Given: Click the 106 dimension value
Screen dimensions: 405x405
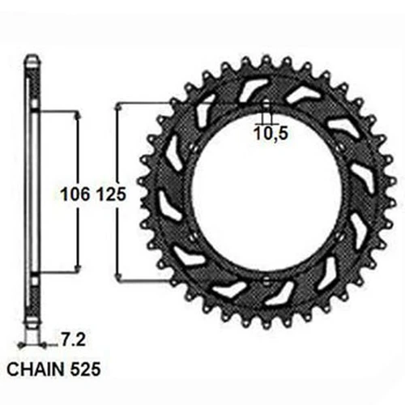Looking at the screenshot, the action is pos(75,194).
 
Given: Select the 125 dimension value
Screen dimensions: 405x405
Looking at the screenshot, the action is pos(111,194).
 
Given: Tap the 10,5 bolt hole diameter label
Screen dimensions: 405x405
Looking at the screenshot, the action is pos(271,134).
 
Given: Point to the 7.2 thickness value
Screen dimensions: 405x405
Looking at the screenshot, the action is pos(73,340).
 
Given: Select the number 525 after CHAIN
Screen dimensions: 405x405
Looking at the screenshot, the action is pos(85,369).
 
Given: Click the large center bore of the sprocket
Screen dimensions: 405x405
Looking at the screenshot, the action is pos(266,193).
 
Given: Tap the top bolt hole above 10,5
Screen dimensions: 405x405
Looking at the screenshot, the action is pos(266,105).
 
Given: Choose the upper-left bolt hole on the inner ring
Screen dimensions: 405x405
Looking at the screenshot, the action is pos(193,147).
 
